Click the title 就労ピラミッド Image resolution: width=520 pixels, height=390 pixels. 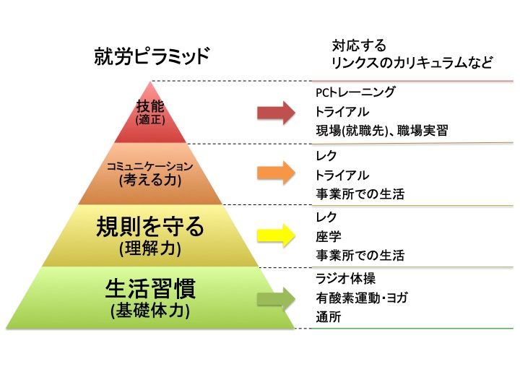click(x=151, y=56)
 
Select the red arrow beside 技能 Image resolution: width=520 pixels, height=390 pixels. click(x=276, y=112)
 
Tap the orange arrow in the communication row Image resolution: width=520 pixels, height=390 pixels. click(x=276, y=172)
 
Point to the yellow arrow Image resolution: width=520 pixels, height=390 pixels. click(x=276, y=234)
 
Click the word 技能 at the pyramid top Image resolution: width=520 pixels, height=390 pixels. click(x=150, y=106)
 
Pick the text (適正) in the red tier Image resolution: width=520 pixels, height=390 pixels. click(x=150, y=120)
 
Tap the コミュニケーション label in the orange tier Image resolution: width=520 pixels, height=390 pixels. click(x=149, y=167)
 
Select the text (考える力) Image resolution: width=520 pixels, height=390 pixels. click(x=149, y=181)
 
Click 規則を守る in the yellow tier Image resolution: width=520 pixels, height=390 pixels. click(x=150, y=227)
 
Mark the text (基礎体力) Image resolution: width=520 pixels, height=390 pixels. click(x=150, y=311)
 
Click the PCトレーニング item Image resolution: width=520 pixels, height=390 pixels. click(x=355, y=92)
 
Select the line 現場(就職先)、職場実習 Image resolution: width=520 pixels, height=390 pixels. click(x=381, y=131)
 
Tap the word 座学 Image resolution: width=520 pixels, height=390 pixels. click(x=328, y=236)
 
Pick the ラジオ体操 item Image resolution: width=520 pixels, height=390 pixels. click(x=345, y=279)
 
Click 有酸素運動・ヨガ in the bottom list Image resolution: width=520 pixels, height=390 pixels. click(x=361, y=298)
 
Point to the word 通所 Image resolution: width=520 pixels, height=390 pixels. click(x=328, y=317)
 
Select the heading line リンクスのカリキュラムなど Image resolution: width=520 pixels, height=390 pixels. click(x=412, y=64)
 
